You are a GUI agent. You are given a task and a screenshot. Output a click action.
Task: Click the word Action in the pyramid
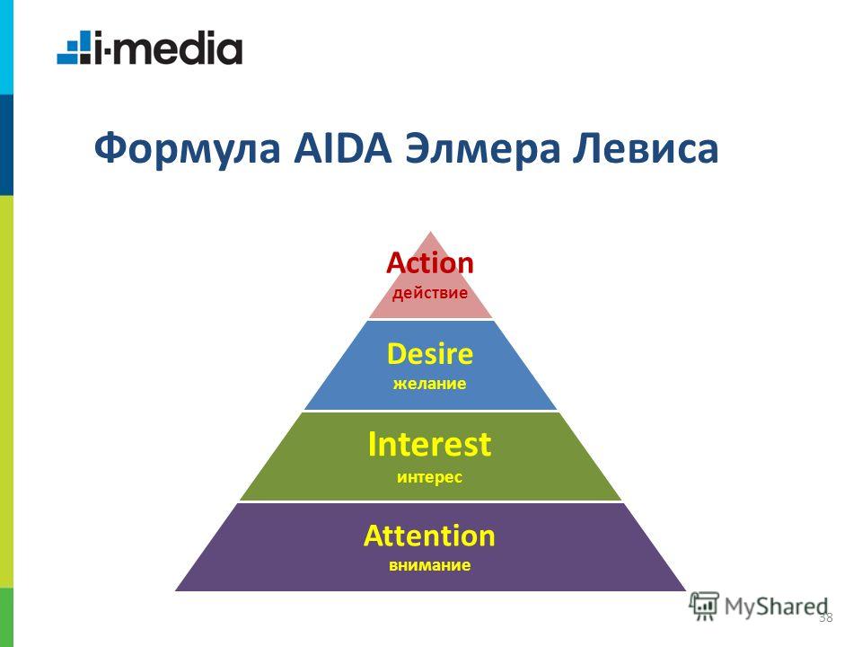[x=430, y=263]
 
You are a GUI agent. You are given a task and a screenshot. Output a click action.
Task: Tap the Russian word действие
[x=430, y=293]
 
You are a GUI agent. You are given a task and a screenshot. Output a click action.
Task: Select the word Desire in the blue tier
[x=430, y=354]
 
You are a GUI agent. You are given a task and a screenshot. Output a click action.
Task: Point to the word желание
[x=430, y=383]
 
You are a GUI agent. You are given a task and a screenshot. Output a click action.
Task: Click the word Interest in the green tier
[x=429, y=444]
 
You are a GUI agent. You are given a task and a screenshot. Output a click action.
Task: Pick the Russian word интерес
[x=430, y=476]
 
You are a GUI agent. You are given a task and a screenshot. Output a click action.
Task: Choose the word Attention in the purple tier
[x=429, y=536]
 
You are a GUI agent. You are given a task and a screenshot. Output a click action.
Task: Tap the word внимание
[x=430, y=565]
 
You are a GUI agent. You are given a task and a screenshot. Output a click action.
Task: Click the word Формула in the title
[x=187, y=149]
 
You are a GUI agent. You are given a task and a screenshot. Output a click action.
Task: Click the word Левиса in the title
[x=646, y=149]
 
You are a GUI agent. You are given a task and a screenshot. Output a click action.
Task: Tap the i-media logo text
[x=168, y=48]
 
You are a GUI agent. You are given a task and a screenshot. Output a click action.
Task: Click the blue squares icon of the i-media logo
[x=74, y=48]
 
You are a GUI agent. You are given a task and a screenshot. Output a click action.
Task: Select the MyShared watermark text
[x=776, y=607]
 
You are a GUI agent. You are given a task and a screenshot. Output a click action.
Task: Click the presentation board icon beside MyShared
[x=704, y=607]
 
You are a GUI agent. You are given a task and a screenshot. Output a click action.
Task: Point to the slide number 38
[x=826, y=617]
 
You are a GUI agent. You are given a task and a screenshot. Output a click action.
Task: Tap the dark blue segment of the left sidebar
[x=6, y=145]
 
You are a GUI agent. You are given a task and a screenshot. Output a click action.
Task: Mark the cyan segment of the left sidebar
[x=6, y=48]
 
